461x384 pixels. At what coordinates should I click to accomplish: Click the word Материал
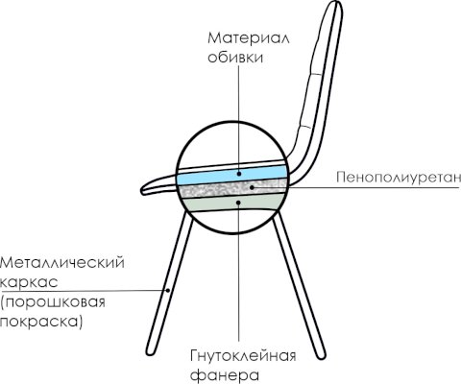[249, 38]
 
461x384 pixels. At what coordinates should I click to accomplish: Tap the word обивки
[235, 58]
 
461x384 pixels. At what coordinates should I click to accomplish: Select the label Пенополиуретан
[399, 177]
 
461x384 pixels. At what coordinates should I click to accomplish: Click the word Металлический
[62, 263]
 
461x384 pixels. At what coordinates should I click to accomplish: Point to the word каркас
[29, 282]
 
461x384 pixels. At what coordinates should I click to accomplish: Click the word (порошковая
[53, 302]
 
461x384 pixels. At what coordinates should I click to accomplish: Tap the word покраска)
[41, 322]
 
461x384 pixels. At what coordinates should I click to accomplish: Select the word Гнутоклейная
[243, 356]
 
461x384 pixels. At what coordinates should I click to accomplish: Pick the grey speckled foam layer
[233, 189]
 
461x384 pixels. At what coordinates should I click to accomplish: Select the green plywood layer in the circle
[233, 204]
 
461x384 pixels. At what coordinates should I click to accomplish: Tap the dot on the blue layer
[239, 174]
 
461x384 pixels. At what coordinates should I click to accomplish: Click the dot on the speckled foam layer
[252, 187]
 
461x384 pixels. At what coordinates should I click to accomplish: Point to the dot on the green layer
[238, 203]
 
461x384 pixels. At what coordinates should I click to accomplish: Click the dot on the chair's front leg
[167, 290]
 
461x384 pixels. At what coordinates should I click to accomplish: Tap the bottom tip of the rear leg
[321, 356]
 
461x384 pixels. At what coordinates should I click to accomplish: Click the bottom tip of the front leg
[150, 351]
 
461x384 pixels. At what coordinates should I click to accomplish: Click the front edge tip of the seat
[142, 191]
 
